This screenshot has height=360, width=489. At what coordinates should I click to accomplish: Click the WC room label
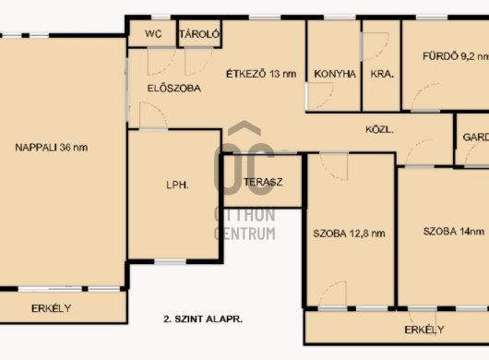pyautogui.click(x=153, y=33)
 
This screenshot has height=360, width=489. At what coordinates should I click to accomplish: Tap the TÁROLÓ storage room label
pyautogui.click(x=199, y=33)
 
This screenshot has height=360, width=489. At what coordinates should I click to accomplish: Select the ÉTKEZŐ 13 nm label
pyautogui.click(x=261, y=74)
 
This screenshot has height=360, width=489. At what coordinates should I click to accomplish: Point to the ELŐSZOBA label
pyautogui.click(x=174, y=89)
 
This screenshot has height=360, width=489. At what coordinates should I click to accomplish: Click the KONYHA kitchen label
pyautogui.click(x=335, y=74)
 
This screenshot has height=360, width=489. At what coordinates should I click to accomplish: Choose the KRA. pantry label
pyautogui.click(x=382, y=74)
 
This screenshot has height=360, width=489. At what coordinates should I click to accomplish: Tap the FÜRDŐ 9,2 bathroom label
pyautogui.click(x=456, y=56)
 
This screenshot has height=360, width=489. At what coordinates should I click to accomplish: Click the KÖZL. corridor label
pyautogui.click(x=379, y=129)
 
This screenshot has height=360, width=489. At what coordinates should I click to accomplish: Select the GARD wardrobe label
pyautogui.click(x=475, y=137)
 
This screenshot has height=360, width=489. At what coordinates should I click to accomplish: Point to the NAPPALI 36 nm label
pyautogui.click(x=52, y=148)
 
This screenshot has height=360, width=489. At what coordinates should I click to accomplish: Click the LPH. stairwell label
pyautogui.click(x=177, y=185)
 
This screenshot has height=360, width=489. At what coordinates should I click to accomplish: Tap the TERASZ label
pyautogui.click(x=263, y=182)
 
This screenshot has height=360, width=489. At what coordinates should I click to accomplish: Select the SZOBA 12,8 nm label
pyautogui.click(x=349, y=234)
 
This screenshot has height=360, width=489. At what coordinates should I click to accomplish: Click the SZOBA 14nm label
pyautogui.click(x=454, y=232)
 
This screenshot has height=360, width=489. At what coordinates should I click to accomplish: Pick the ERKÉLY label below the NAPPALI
pyautogui.click(x=51, y=308)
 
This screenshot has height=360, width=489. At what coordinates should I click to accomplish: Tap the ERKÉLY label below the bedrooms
pyautogui.click(x=424, y=330)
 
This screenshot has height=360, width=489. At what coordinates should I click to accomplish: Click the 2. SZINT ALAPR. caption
pyautogui.click(x=203, y=319)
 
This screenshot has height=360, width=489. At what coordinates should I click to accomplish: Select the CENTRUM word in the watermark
pyautogui.click(x=244, y=234)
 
